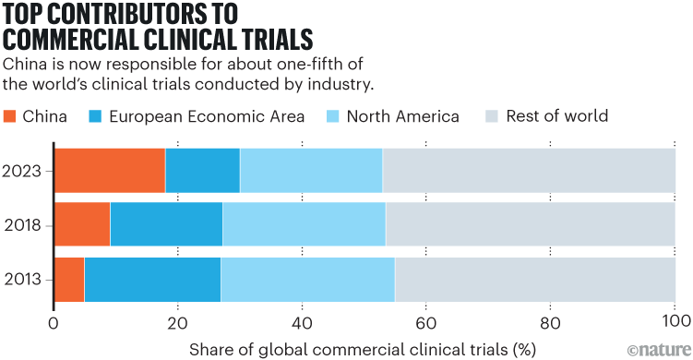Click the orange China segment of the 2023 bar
coord(110,170)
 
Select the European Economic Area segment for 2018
coord(166,224)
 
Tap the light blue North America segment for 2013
coord(307,279)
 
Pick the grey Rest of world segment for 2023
coord(529,170)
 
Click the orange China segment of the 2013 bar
coord(69,279)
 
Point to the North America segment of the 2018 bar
coord(304,224)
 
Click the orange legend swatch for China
coord(11,116)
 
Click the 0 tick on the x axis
coord(54,323)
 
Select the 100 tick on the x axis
coord(675,323)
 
